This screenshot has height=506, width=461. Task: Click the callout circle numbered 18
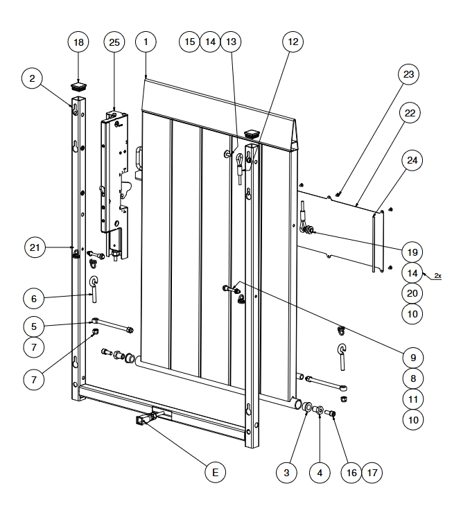(x=78, y=42)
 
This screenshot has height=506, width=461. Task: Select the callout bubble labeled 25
(x=114, y=42)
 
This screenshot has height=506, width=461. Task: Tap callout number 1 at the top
(x=146, y=42)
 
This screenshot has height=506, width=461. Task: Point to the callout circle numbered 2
(x=32, y=78)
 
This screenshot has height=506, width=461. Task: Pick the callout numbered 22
(x=412, y=112)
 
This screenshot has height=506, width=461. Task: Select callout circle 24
(x=412, y=160)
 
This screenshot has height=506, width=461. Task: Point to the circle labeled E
(x=216, y=473)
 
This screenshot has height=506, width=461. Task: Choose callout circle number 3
(x=286, y=473)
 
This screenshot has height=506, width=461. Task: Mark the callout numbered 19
(x=412, y=251)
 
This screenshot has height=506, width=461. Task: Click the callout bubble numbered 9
(x=412, y=358)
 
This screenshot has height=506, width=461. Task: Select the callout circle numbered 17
(x=372, y=473)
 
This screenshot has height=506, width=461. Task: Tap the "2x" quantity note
(x=437, y=276)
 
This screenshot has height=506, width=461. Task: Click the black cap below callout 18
(x=78, y=87)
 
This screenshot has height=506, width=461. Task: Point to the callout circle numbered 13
(x=231, y=42)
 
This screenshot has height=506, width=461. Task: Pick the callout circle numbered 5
(x=33, y=324)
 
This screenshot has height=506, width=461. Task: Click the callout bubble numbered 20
(x=412, y=293)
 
